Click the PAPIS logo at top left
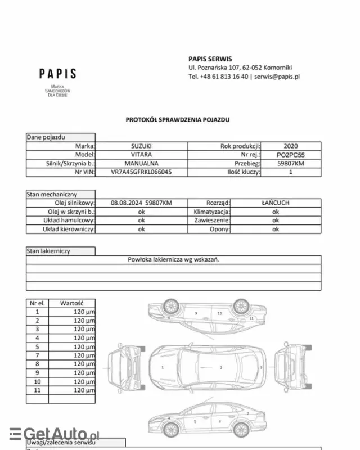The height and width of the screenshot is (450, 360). point(57,74)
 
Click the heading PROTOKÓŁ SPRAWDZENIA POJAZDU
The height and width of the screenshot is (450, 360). point(178,119)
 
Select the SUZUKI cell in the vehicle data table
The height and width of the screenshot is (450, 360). point(141,146)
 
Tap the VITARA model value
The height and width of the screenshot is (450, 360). point(141,154)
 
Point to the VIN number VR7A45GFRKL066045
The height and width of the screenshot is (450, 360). point(141,172)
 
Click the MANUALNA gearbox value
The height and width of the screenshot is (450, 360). point(141,163)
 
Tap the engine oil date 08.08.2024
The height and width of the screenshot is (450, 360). point(127,202)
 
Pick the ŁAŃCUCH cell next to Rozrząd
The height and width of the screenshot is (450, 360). point(276,202)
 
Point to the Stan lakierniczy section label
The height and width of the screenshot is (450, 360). point(48,251)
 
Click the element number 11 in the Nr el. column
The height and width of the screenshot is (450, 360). point(38,390)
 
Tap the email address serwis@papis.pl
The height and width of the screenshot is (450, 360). point(277,76)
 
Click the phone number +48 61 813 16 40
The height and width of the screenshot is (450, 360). point(224,76)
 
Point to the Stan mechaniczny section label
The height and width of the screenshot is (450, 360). point(51,193)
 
